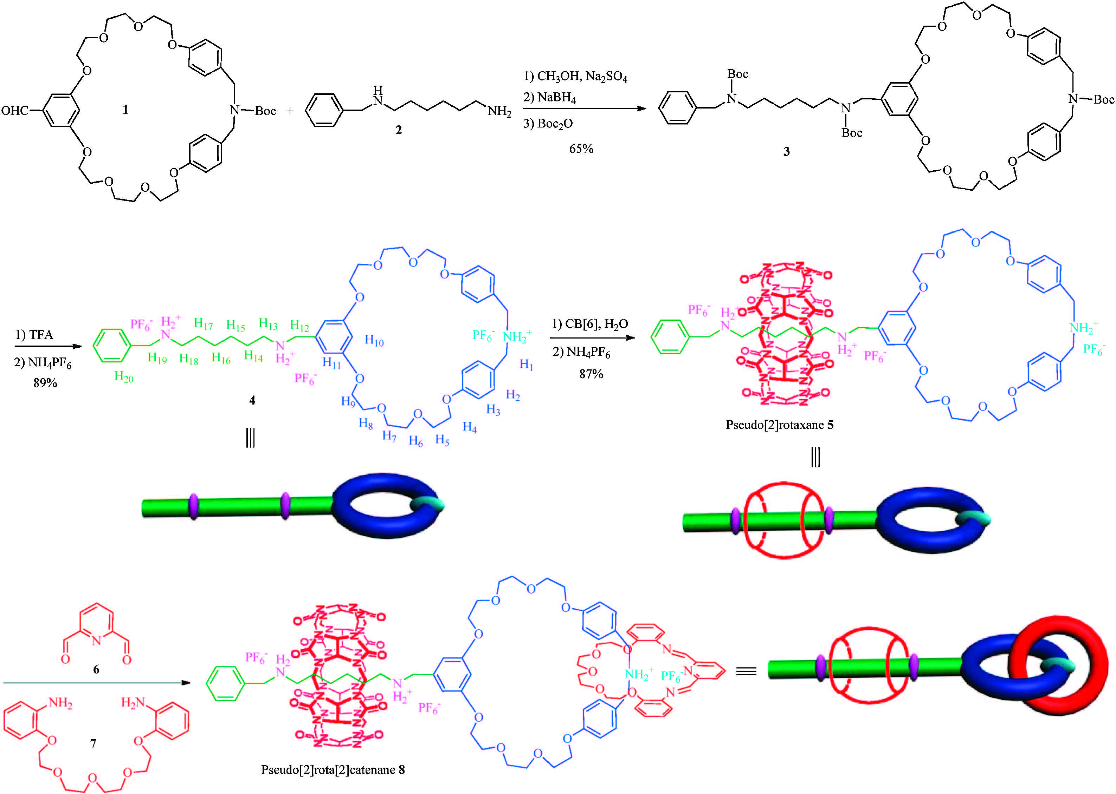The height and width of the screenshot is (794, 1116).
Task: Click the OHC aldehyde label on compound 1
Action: (15, 111)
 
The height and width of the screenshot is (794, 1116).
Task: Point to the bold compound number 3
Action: (786, 152)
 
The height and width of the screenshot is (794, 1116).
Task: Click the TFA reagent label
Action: (41, 335)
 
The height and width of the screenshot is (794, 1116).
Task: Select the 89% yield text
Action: (45, 383)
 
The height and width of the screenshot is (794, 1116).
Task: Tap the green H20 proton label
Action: (123, 376)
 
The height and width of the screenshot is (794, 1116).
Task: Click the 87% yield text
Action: (591, 374)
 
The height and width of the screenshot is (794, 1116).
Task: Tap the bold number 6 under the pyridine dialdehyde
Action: (96, 669)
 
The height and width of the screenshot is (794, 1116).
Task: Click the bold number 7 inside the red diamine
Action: (93, 743)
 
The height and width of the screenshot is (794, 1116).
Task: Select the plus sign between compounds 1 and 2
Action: (290, 111)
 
